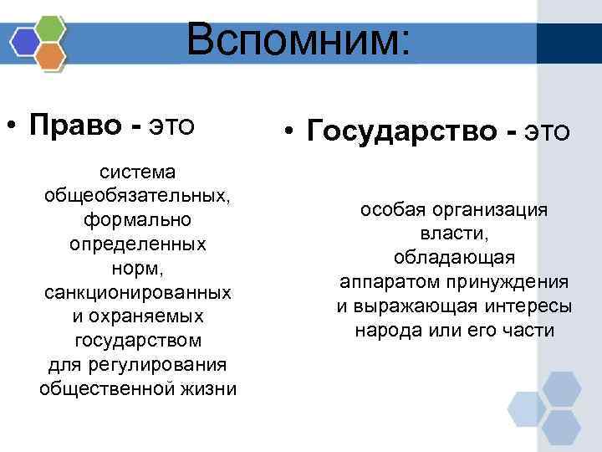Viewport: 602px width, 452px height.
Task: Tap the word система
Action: pyautogui.click(x=138, y=172)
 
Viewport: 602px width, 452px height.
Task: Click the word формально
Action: pyautogui.click(x=138, y=221)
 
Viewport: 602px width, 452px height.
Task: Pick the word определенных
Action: pyautogui.click(x=138, y=245)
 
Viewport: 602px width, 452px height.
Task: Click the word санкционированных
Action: pyautogui.click(x=138, y=294)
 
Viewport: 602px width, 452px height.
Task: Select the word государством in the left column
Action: pyautogui.click(x=138, y=342)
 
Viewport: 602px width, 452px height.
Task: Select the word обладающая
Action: pyautogui.click(x=454, y=258)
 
